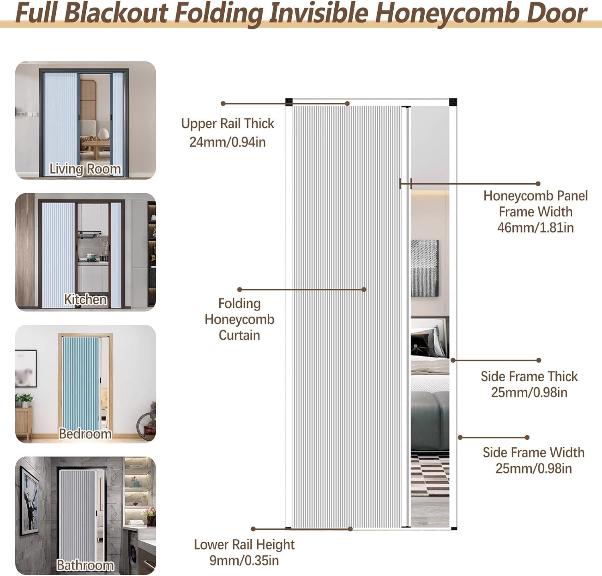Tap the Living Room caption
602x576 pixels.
tap(85, 169)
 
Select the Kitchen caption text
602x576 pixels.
tap(85, 299)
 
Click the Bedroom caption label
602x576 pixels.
tap(85, 434)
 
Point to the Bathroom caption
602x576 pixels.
tap(85, 565)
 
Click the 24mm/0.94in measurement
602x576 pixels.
tap(228, 142)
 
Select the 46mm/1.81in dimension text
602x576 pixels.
tap(535, 228)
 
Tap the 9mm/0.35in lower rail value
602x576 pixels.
tap(244, 560)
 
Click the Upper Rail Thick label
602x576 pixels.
tap(228, 123)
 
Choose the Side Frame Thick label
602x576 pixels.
tap(529, 376)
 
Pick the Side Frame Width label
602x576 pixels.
tap(533, 452)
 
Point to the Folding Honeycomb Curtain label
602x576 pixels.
tap(240, 319)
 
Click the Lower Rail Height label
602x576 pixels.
tap(244, 544)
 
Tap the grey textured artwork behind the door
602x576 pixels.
tap(425, 268)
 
